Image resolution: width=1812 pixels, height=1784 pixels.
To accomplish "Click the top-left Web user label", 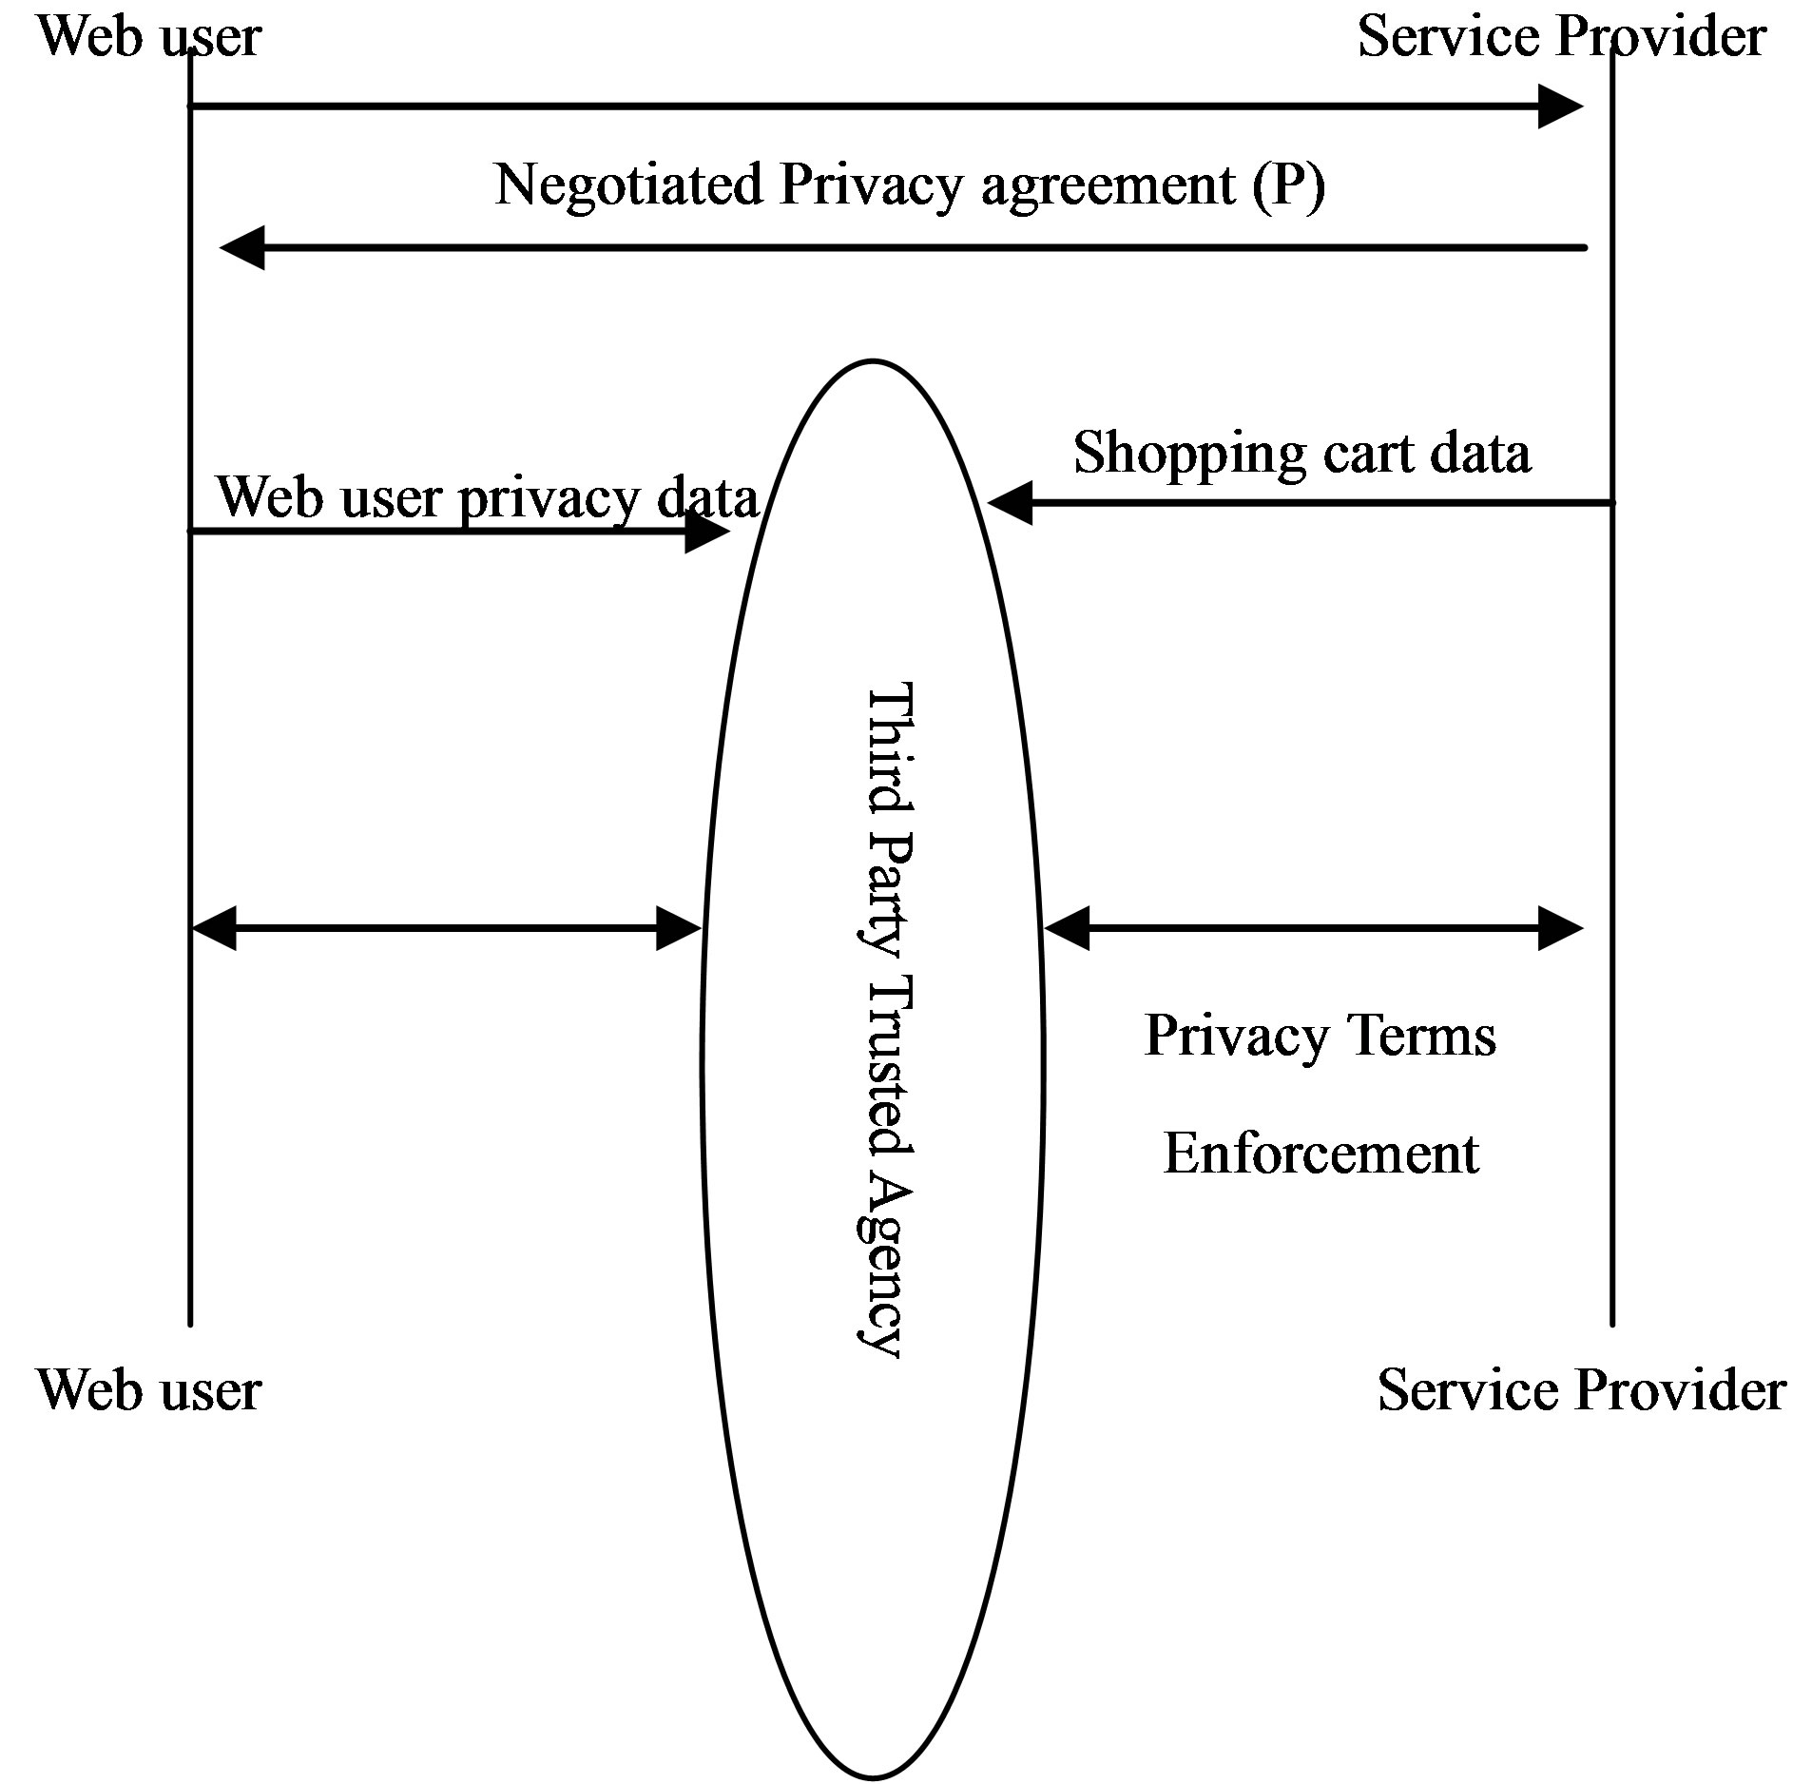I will pos(149,37).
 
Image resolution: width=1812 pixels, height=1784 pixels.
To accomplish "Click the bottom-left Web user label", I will pos(149,1389).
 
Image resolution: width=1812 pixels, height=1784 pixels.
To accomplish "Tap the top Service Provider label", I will pos(1561,37).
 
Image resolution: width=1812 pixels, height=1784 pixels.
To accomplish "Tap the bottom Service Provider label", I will pos(1581,1389).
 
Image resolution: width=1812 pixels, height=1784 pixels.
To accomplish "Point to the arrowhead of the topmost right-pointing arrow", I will pos(1560,107).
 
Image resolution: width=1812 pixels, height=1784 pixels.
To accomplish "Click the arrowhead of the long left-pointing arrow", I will pos(242,248).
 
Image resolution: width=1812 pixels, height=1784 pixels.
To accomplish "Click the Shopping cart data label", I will pos(1301,453).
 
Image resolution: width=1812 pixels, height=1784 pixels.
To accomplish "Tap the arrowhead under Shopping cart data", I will pos(1011,502).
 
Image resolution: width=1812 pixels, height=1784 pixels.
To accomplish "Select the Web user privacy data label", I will pos(488,497).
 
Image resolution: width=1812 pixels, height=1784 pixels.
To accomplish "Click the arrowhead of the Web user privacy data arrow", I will pos(706,532).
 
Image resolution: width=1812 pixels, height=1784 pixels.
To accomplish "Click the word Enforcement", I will pos(1320,1154).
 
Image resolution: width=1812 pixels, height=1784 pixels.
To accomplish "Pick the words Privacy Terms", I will pos(1320,1036).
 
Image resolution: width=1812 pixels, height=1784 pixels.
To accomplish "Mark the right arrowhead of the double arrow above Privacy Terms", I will pos(1559,928).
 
